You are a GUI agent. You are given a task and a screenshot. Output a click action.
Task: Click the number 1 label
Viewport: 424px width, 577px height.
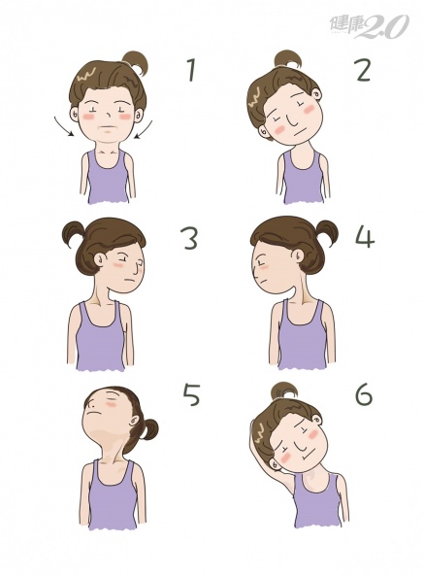click(x=191, y=70)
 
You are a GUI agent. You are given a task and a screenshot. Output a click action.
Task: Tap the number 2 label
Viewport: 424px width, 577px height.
click(x=363, y=70)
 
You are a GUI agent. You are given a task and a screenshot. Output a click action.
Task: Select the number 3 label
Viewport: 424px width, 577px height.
click(x=190, y=238)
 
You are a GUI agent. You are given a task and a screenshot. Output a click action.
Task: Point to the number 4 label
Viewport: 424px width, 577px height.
click(x=365, y=238)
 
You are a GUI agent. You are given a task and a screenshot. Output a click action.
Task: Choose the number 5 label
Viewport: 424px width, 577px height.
click(x=191, y=394)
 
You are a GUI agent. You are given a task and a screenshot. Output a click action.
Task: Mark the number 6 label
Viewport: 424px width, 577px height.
click(x=364, y=394)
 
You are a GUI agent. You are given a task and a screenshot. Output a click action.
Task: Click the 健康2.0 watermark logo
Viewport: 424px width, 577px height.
click(x=369, y=26)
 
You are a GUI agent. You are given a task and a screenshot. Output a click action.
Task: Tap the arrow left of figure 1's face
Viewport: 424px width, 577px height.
click(x=63, y=127)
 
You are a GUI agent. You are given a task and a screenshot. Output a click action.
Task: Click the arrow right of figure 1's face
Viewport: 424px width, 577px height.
click(x=144, y=129)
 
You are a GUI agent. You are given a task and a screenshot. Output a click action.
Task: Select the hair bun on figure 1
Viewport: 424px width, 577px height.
click(x=135, y=62)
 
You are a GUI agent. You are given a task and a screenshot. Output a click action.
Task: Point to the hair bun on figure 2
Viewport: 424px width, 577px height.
click(x=288, y=60)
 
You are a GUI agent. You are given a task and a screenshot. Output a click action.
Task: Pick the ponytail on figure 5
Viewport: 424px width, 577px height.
click(x=149, y=429)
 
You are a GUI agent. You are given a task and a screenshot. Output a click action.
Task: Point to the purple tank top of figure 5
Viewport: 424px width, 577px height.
click(x=113, y=494)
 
